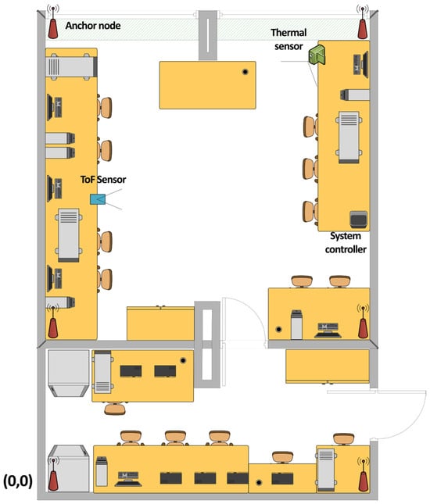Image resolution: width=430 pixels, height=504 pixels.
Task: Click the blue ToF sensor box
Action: point(98,199)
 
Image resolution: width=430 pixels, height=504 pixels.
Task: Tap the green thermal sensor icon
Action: point(317,55)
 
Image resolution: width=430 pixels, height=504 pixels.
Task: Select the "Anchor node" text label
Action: point(93,26)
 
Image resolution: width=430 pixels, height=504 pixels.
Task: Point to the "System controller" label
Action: point(346,243)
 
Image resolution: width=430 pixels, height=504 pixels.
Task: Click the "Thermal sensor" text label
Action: point(288,39)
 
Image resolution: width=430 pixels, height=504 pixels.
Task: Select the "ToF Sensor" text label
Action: point(103,180)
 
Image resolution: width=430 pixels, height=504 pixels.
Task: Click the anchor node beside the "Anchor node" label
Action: point(52,22)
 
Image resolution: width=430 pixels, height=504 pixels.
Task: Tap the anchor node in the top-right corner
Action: point(363,22)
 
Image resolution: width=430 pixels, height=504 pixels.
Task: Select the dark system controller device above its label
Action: point(358,220)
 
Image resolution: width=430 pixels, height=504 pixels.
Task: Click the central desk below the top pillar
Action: point(208,85)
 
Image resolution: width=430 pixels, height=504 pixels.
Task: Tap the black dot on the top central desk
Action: point(245,72)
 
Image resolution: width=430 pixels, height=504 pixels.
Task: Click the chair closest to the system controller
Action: point(310,211)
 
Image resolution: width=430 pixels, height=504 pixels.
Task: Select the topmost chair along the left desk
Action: point(105,107)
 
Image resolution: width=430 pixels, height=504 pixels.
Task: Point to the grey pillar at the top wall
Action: point(207,35)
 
